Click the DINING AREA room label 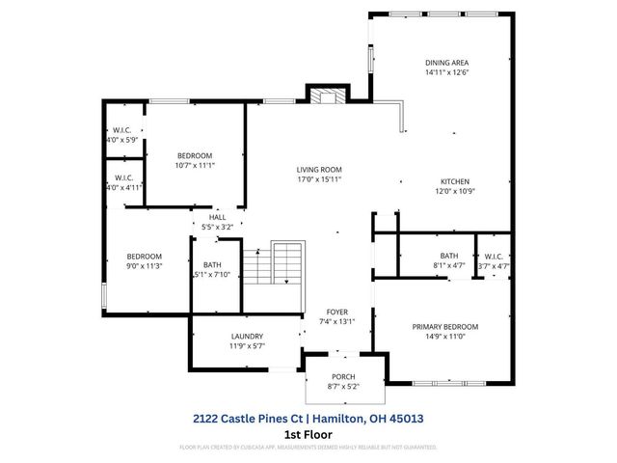click(453, 62)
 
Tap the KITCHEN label click(456, 180)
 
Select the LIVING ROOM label click(319, 169)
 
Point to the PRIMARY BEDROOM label click(445, 327)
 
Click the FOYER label click(337, 312)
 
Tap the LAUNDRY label click(247, 336)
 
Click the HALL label click(218, 218)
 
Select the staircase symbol click(274, 262)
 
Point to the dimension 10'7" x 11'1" click(195, 165)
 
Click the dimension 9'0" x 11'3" click(145, 265)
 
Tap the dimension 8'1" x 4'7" click(449, 265)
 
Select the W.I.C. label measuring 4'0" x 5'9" click(121, 139)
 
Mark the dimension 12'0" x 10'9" click(456, 190)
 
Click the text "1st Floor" click(308, 434)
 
